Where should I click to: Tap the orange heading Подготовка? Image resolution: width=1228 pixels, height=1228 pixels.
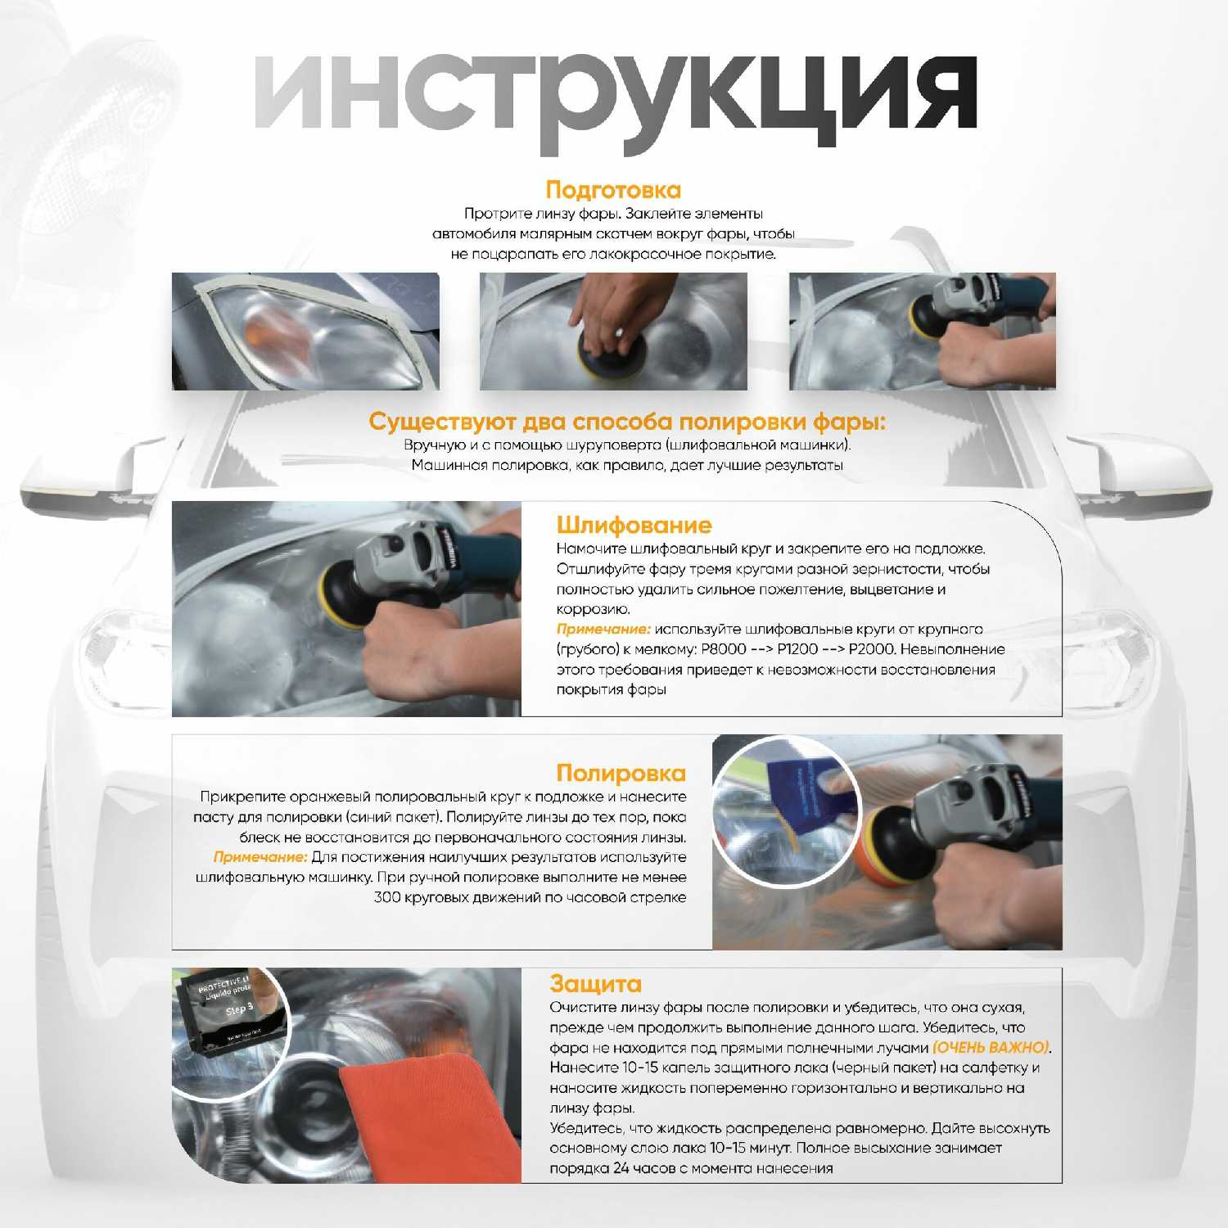pos(613,190)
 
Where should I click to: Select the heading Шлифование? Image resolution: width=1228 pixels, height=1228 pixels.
pos(634,525)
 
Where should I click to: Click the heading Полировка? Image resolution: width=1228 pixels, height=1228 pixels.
pos(621,773)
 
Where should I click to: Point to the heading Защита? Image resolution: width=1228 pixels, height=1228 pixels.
pos(595,983)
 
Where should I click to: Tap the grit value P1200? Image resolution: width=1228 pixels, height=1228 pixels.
pos(796,649)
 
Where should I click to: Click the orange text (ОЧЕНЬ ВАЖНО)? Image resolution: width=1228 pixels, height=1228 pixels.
pos(991,1047)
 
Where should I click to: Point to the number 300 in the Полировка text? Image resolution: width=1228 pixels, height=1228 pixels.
pos(386,897)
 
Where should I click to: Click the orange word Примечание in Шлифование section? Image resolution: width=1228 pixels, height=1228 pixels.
pos(603,630)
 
